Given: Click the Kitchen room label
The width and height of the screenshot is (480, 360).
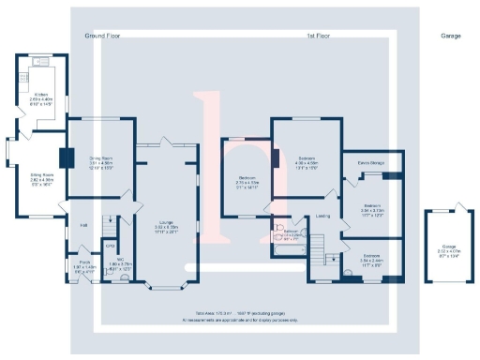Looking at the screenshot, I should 42,95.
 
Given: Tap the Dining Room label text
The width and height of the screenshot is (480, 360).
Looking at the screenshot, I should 100,158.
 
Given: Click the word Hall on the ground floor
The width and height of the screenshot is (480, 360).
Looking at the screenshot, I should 83,225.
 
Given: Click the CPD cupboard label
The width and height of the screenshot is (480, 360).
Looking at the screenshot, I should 110,247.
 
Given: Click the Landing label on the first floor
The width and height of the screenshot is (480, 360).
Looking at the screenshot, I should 322,217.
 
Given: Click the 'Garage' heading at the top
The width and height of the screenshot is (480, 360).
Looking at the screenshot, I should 450,34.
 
